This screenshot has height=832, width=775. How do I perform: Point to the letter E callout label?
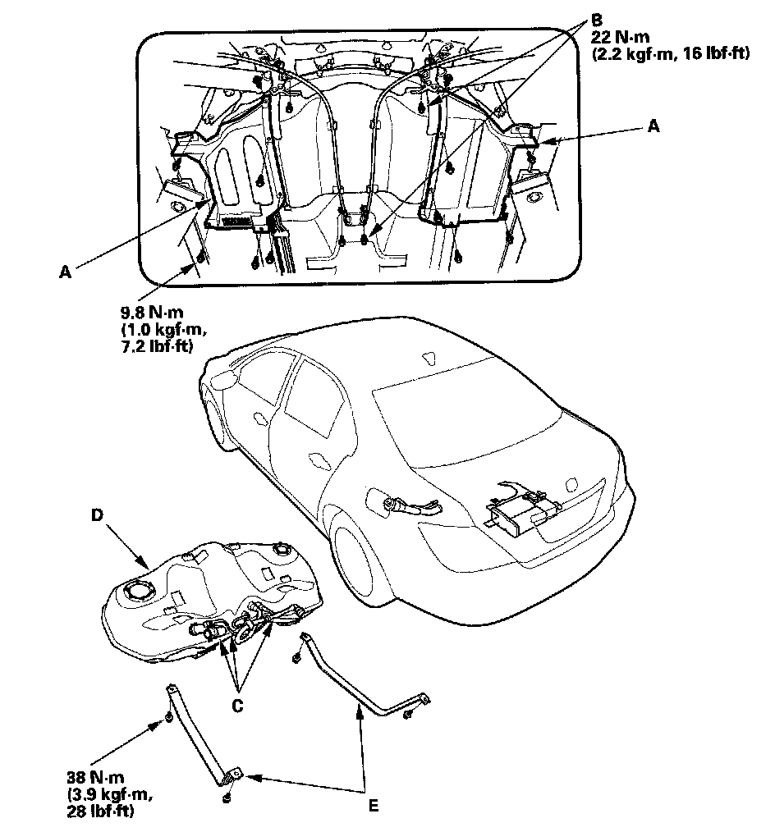[374, 806]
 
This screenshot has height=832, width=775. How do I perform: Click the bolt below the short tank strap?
[225, 796]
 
